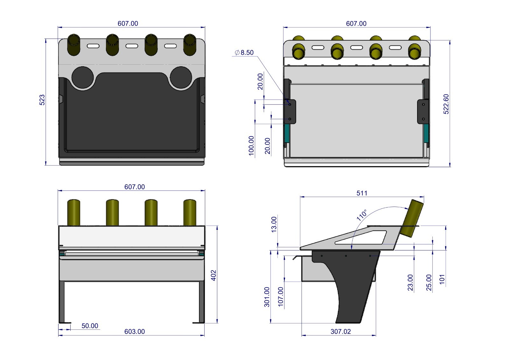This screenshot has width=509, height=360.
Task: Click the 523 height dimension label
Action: (42, 100)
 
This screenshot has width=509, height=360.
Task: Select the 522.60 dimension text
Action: (446, 104)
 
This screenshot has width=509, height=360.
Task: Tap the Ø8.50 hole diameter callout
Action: (244, 53)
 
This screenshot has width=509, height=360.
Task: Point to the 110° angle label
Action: (361, 215)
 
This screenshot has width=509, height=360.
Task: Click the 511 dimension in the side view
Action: (362, 193)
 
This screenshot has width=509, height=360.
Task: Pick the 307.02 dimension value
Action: (340, 331)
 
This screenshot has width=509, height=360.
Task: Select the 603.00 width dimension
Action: (134, 331)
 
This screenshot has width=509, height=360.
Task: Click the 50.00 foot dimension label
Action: (90, 326)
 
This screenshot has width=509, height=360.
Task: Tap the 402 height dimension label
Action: (213, 275)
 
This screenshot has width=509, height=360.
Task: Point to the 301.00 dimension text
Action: (267, 297)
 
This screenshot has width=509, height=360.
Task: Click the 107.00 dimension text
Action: (281, 297)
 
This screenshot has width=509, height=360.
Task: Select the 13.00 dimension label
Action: (274, 224)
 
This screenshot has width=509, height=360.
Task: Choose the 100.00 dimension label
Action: (251, 146)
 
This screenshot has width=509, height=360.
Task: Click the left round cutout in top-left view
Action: (83, 77)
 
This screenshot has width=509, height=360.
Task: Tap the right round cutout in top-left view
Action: (181, 77)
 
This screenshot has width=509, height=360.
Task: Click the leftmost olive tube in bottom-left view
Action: (73, 212)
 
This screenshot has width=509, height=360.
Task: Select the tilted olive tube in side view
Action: (412, 218)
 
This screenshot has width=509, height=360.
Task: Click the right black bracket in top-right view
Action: (423, 111)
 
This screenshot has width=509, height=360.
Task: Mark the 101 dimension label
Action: (442, 279)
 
